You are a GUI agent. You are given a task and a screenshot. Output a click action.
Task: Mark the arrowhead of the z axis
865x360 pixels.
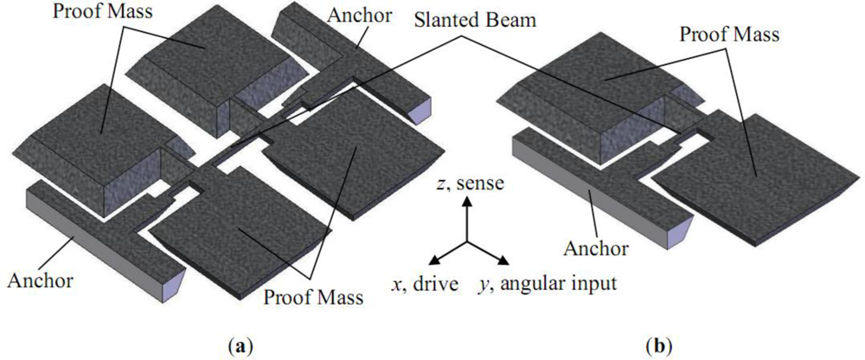pyautogui.click(x=466, y=201)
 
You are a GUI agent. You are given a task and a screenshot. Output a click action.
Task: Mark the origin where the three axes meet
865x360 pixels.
pyautogui.click(x=466, y=240)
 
